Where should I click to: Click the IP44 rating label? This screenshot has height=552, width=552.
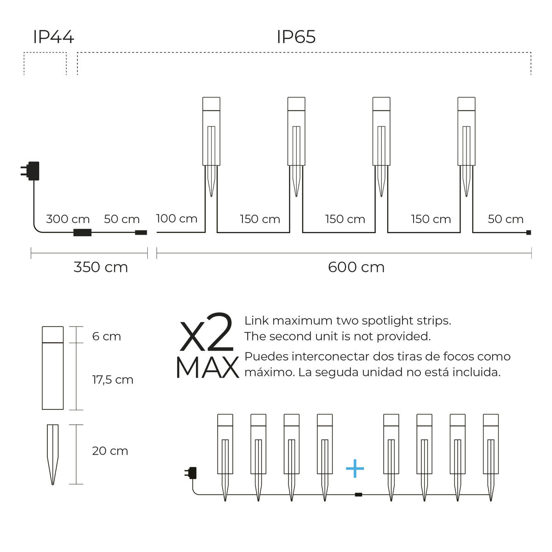click(x=53, y=37)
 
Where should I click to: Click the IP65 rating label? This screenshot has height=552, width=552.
click(x=296, y=37)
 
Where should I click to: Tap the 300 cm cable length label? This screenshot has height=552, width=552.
click(x=68, y=219)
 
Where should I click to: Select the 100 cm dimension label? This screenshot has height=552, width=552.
click(x=177, y=218)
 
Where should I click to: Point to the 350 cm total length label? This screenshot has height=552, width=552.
click(x=101, y=267)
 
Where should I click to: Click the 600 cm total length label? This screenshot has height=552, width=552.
click(x=356, y=267)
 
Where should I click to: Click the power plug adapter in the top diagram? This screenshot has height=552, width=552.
click(x=30, y=171)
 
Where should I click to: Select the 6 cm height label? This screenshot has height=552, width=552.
click(x=107, y=336)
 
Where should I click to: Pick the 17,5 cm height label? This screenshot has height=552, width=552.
click(x=113, y=380)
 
